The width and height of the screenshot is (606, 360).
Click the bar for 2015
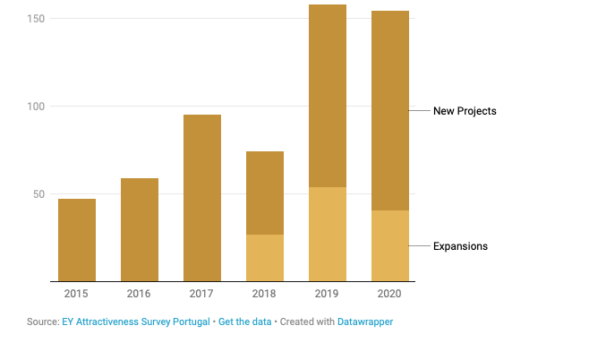pos(77,240)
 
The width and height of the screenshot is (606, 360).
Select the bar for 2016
pos(140,229)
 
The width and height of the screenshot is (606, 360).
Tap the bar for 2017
pos(202,198)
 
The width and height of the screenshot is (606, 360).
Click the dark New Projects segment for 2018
pos(265,193)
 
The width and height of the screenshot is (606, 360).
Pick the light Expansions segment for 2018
pos(265,258)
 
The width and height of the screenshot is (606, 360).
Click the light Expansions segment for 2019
pos(328,234)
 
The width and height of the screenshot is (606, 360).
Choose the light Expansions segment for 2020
pos(390,245)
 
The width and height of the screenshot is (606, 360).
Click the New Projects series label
pos(464,111)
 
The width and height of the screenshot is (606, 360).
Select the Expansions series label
pos(460,246)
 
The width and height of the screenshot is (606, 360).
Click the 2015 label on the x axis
pos(77,293)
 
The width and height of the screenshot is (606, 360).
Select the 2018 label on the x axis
pos(265,293)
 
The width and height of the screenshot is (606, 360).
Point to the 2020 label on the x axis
pos(390,293)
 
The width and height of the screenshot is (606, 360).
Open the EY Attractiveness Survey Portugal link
pos(136,321)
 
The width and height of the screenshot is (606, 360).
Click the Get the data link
pos(244,321)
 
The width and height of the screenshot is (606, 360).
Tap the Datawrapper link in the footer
pos(365,321)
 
